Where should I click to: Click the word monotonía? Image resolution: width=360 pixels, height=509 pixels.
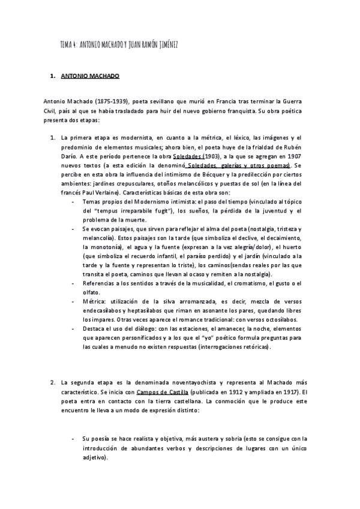(x=101, y=246)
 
